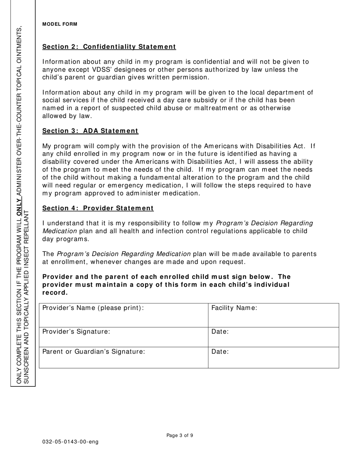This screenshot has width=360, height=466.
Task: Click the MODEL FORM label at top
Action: click(59, 24)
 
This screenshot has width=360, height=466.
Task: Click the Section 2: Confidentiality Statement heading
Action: click(109, 47)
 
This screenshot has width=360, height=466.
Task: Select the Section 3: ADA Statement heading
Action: click(90, 131)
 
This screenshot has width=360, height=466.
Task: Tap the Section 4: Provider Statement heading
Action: click(98, 208)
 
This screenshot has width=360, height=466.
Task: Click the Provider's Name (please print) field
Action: click(124, 315)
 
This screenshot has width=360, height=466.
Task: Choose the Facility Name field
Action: click(273, 315)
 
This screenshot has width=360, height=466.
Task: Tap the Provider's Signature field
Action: click(124, 337)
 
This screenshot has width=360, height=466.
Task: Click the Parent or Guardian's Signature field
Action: click(124, 357)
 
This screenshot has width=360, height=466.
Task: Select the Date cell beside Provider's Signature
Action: click(273, 337)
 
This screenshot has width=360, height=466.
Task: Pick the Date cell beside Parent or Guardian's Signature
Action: click(273, 357)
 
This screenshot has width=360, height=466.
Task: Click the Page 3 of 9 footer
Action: click(180, 435)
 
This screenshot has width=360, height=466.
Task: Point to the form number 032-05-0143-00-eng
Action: click(70, 442)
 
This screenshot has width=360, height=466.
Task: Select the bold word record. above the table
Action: click(55, 292)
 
